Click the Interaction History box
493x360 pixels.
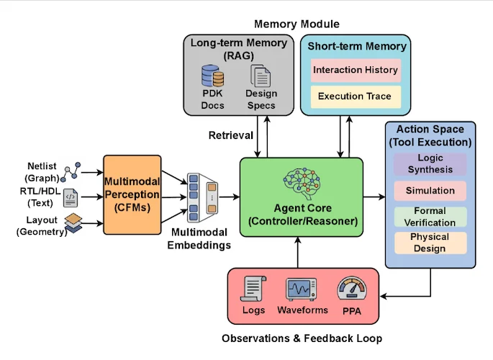[356, 71]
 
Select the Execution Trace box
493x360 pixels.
[356, 96]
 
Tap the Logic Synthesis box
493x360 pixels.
[430, 163]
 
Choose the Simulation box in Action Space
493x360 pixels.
[430, 191]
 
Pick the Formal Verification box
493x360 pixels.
[430, 217]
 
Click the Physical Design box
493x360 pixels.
[430, 243]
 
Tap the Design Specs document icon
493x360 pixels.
[260, 76]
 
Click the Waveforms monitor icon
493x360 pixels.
[302, 289]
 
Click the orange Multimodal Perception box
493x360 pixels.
[132, 194]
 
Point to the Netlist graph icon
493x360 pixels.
[71, 171]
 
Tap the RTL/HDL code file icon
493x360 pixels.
[71, 196]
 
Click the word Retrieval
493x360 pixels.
[230, 135]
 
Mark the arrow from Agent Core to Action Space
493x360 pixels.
[374, 196]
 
